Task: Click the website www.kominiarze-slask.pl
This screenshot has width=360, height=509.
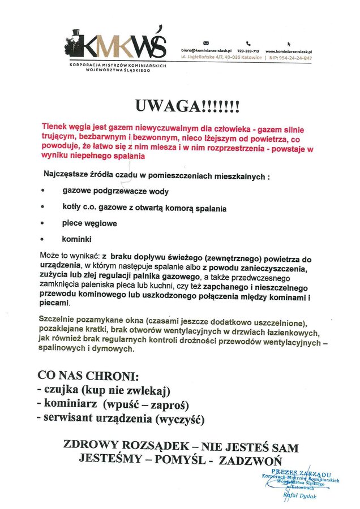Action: point(289,51)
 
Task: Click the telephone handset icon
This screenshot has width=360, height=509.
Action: point(248,43)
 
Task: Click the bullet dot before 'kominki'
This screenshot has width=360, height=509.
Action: point(42,239)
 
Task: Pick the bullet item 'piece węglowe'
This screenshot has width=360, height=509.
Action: point(89,223)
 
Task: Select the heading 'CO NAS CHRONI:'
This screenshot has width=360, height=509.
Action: point(88,376)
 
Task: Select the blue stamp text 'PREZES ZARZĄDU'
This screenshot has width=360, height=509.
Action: point(301,472)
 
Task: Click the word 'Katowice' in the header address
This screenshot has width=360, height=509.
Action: point(250,58)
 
